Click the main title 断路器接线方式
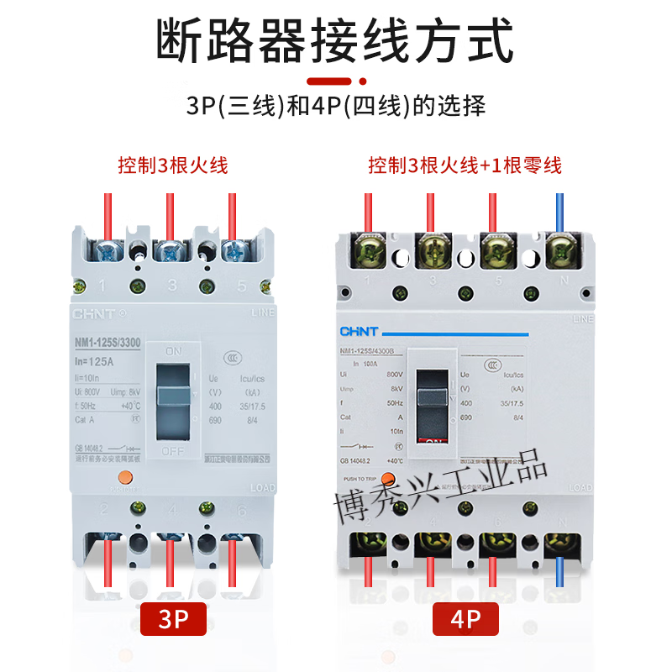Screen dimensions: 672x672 click(335, 39)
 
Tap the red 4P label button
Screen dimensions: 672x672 click(465, 621)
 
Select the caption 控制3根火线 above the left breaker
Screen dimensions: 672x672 click(173, 165)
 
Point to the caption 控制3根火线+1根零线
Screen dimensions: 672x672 click(465, 165)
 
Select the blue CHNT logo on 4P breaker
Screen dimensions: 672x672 click(359, 331)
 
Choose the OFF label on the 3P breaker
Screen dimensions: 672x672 click(172, 451)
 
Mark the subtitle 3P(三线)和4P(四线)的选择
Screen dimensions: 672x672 click(335, 107)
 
